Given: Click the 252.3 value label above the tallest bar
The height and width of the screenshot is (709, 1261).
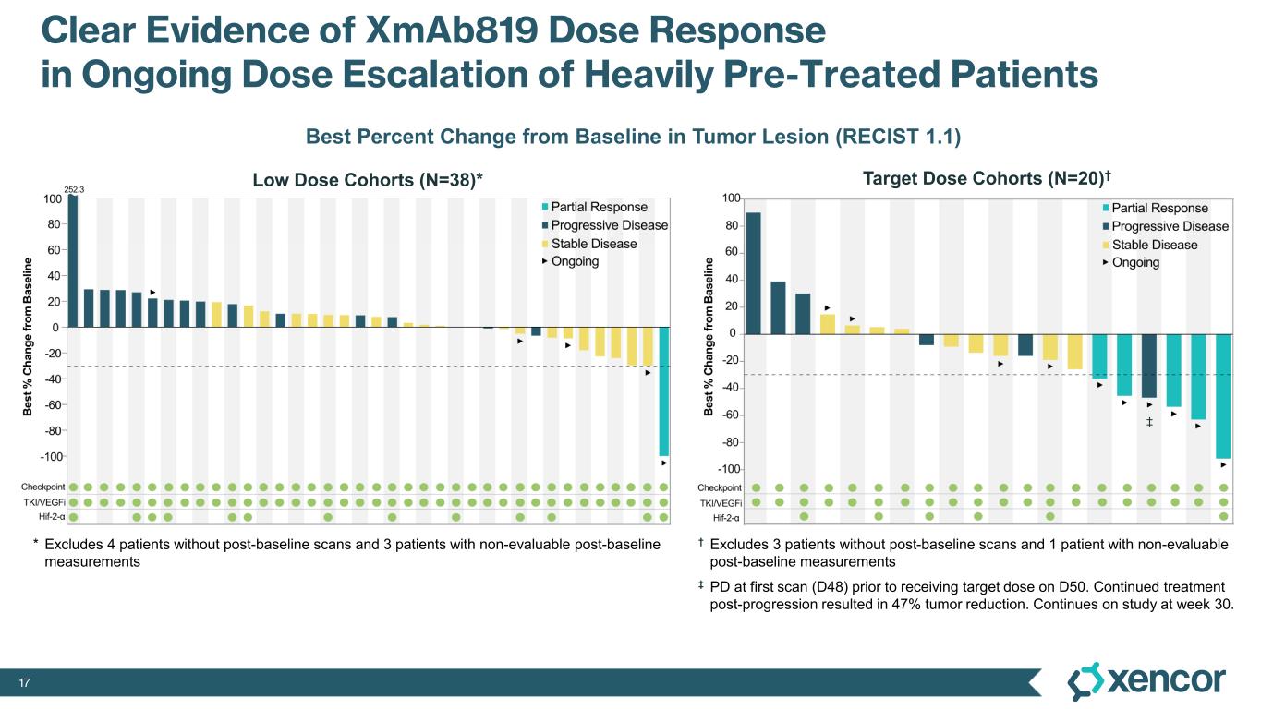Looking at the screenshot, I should tap(73, 189).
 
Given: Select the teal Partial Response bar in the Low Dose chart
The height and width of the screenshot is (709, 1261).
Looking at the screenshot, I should tap(663, 391).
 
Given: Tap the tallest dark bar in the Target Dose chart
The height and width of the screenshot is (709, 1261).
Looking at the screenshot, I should tap(753, 273).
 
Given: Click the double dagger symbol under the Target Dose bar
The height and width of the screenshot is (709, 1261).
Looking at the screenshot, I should tap(1149, 423).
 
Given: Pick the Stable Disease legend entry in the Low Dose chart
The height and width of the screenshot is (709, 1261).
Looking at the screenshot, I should tap(593, 244).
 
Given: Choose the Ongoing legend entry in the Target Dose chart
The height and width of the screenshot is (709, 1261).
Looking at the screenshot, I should tap(1135, 262).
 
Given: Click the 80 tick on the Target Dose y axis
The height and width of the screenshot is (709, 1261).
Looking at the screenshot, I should tap(730, 226).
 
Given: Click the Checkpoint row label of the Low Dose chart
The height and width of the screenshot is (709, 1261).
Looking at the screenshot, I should tap(43, 487).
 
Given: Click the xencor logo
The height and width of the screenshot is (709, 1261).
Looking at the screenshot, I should tap(1146, 681).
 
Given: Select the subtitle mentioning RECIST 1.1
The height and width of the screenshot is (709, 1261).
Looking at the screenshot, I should tap(633, 138).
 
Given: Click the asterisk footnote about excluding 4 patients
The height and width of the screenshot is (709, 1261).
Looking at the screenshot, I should tap(351, 552).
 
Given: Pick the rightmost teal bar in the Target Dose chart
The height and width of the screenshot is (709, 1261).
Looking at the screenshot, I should tap(1223, 396).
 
